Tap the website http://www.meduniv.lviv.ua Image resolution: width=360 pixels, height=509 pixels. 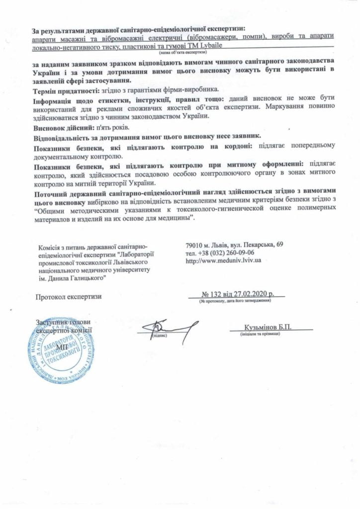pyautogui.click(x=223, y=260)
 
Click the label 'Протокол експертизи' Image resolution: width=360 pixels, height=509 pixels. pyautogui.click(x=69, y=297)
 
